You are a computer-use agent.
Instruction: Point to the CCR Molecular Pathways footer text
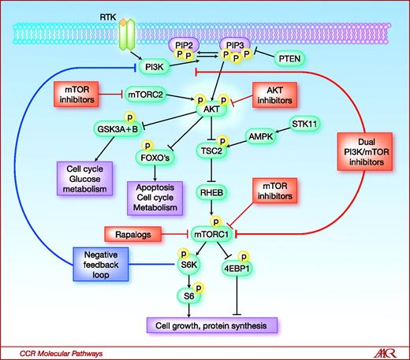[53, 352]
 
